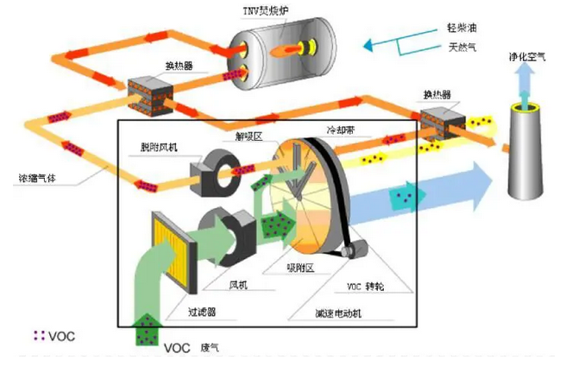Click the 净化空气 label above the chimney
point(527,59)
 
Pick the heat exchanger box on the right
point(441,123)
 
